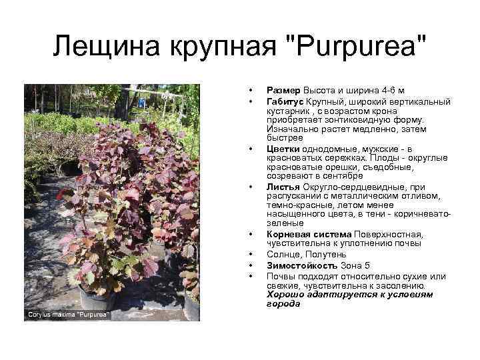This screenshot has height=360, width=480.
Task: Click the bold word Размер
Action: (x=283, y=90)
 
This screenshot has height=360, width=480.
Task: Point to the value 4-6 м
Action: (x=391, y=90)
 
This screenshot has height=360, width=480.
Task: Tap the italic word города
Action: (x=283, y=303)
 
